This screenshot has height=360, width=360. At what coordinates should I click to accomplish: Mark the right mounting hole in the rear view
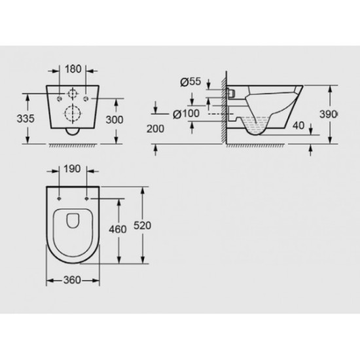pyautogui.click(x=86, y=98)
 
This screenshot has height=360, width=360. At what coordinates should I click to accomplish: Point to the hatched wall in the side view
pyautogui.click(x=225, y=111)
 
